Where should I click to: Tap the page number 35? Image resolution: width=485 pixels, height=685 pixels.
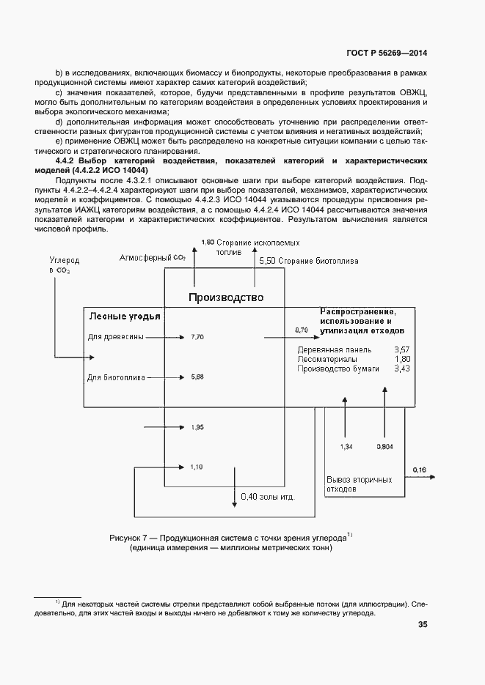[423, 624]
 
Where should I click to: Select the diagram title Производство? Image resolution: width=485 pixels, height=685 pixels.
[225, 297]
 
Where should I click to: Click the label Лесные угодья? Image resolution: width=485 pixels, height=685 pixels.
[125, 316]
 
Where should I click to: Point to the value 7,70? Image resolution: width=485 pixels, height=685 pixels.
[197, 337]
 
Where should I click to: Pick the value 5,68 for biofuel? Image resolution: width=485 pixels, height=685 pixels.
[197, 377]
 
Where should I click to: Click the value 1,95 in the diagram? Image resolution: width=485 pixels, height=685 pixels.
[197, 426]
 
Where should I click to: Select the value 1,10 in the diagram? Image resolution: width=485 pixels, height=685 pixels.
[197, 466]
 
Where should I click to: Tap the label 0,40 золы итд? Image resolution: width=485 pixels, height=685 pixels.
[267, 497]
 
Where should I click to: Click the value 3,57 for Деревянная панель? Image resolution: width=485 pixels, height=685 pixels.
[402, 349]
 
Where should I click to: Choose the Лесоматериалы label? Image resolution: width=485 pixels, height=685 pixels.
[327, 359]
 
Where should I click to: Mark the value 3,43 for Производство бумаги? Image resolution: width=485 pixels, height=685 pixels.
[402, 369]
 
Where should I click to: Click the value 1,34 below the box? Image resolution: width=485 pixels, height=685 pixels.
[347, 445]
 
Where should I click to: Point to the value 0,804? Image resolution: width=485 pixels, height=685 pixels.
[384, 445]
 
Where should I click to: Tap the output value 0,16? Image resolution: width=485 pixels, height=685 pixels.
[419, 470]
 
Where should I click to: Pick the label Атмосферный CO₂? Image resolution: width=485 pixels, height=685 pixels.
[153, 258]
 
